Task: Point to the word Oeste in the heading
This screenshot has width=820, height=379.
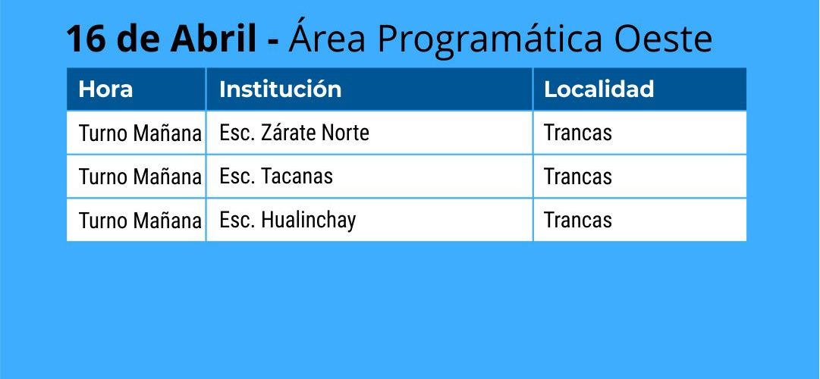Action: pos(663,39)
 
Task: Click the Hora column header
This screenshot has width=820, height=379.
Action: pos(105,89)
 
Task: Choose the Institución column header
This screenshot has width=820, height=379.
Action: pos(281,89)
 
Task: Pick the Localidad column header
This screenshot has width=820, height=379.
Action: pos(599,89)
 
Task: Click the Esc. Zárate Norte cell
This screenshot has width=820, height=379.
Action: pos(294,133)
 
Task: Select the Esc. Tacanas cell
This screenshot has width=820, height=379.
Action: pos(276,177)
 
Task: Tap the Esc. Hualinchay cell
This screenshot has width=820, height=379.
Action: pos(287,221)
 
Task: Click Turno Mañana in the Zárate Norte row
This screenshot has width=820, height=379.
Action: pos(140,133)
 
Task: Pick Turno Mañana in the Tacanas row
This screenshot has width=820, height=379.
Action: pos(140,177)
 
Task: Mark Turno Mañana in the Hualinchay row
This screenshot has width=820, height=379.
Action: pos(140,221)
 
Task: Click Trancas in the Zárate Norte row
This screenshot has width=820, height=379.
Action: pos(578,133)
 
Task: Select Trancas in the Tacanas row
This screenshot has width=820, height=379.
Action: pos(578,177)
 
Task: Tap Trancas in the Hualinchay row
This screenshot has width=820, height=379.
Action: pos(578,221)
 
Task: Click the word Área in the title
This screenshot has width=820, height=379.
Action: pos(327,36)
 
